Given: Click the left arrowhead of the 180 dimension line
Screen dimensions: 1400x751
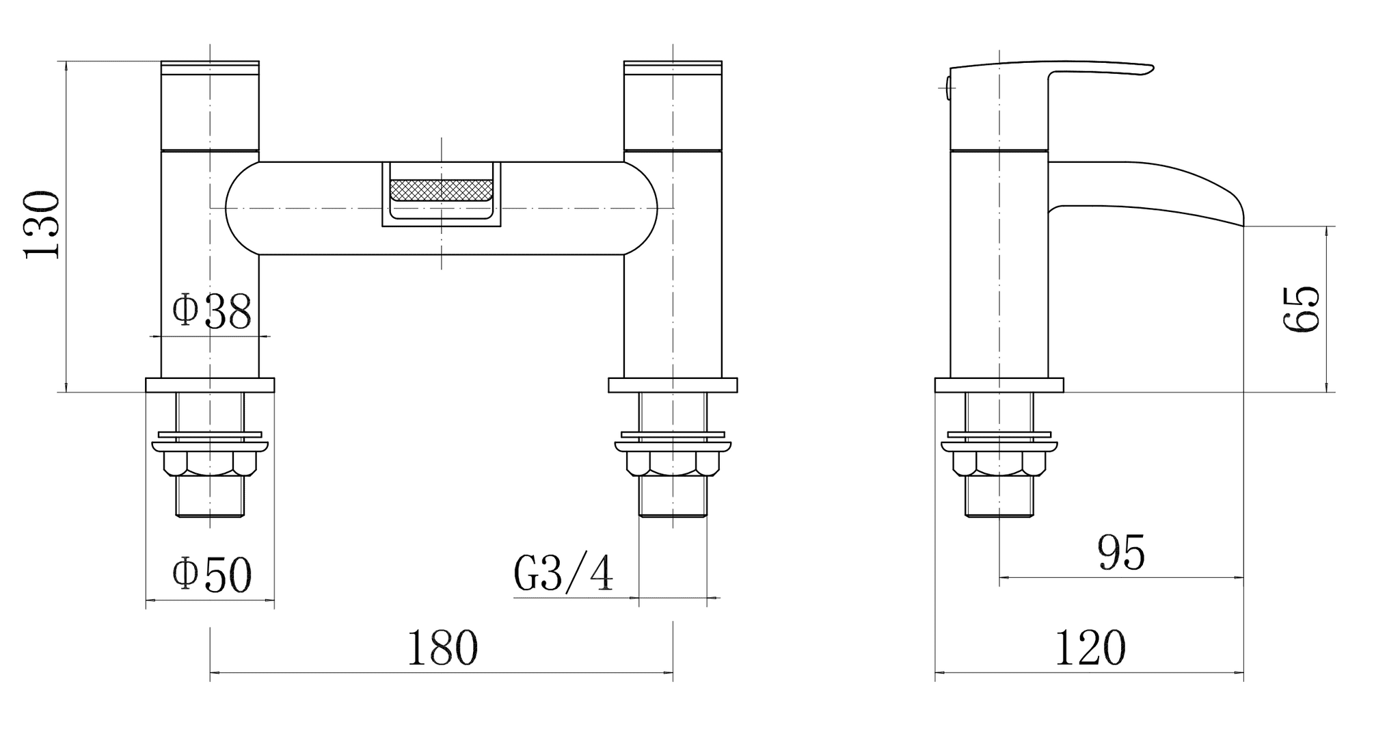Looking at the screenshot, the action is (214, 673).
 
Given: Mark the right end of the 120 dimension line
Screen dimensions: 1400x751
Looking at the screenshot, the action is (1243, 673).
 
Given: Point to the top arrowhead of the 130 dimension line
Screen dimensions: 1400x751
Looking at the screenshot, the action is (66, 66).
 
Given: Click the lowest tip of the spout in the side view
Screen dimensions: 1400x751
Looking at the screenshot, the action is (1243, 226).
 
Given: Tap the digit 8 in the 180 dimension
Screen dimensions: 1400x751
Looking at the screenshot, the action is (442, 648).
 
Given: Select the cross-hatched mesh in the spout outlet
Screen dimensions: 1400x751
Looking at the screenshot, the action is (441, 190).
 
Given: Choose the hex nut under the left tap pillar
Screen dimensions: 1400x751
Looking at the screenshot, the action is (210, 464).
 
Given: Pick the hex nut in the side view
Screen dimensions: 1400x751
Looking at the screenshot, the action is (999, 464).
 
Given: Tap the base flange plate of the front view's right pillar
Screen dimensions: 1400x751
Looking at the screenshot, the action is (673, 385).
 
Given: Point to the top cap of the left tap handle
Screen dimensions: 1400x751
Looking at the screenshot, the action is (210, 67).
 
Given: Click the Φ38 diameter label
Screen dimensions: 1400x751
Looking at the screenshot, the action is (211, 312).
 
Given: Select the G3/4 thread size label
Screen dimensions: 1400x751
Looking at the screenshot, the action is (563, 573).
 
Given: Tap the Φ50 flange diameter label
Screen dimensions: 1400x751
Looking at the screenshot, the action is (211, 575).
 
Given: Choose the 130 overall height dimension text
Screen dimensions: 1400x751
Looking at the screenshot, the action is (42, 225).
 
